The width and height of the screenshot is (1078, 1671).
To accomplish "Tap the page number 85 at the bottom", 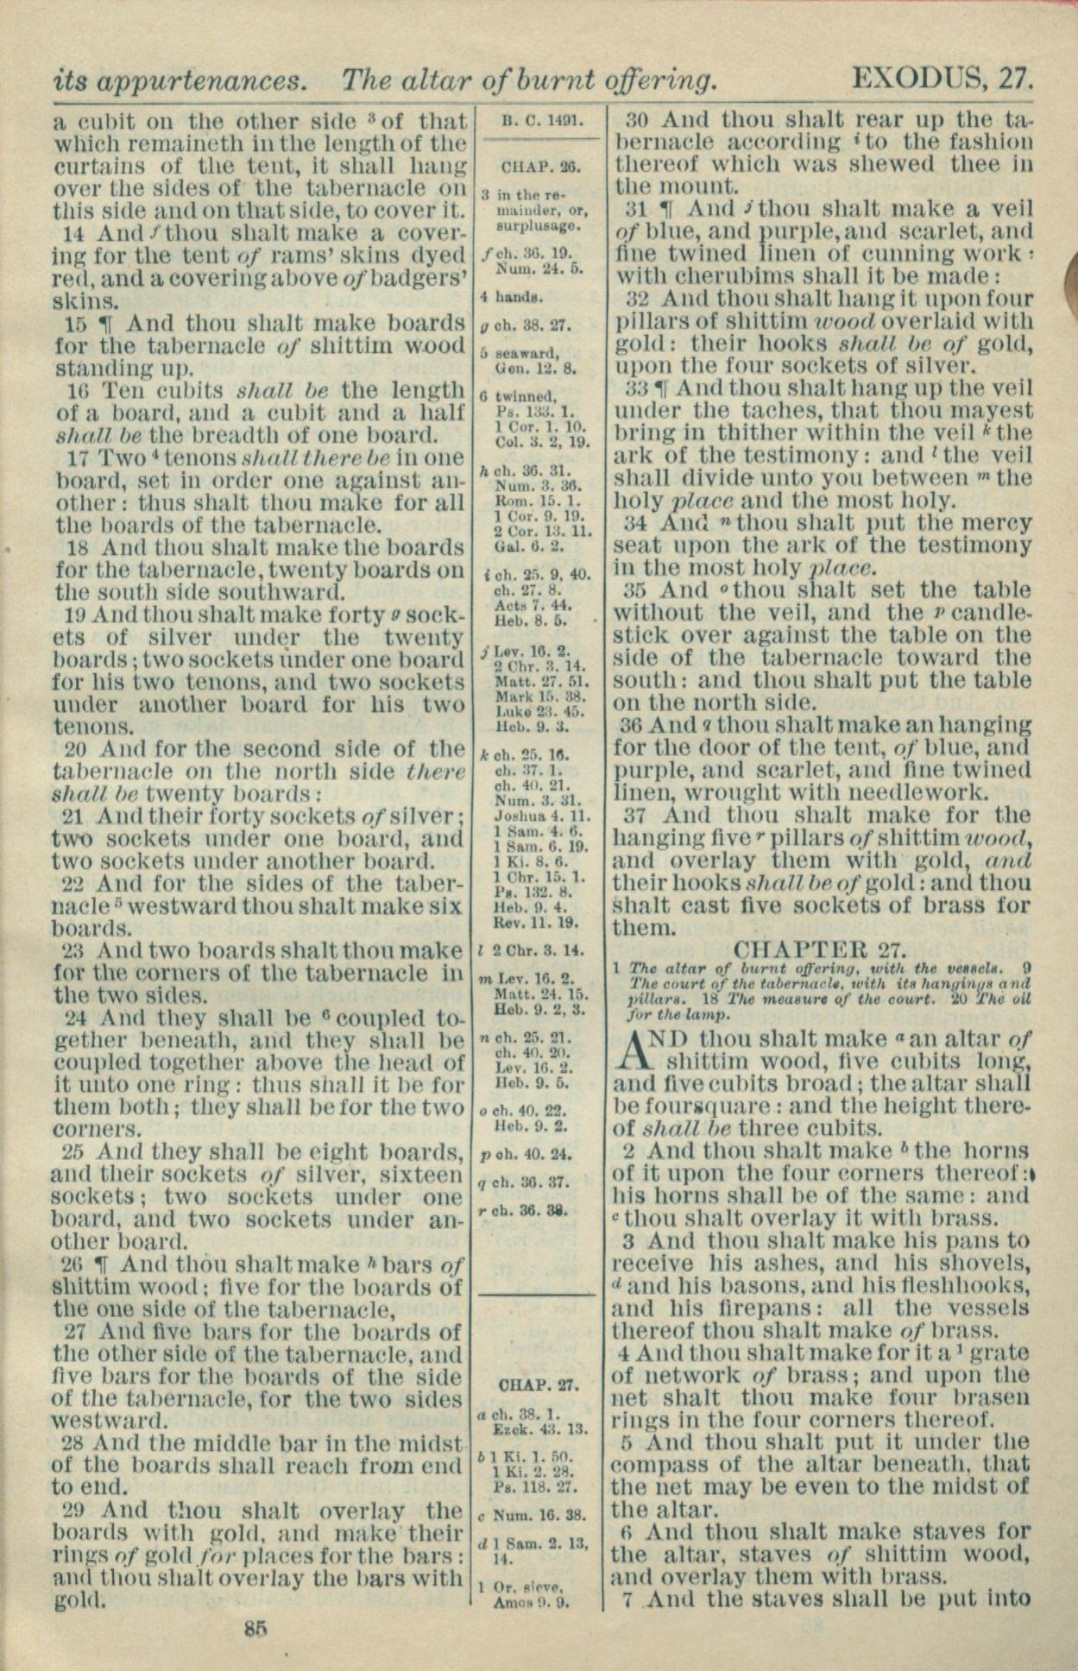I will [255, 1629].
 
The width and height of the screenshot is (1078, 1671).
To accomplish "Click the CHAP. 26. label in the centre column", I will [540, 167].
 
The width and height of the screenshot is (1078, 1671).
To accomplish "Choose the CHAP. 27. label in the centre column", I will [539, 1386].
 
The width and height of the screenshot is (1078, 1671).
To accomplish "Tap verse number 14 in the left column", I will [79, 233].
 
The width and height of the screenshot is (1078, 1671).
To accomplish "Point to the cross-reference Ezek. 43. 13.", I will [540, 1428].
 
